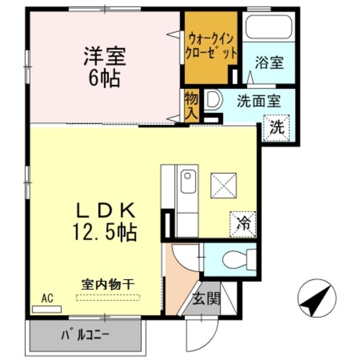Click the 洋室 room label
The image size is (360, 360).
(x=105, y=56)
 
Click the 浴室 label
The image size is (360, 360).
(x=268, y=63)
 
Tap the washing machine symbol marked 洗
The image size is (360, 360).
(x=277, y=126)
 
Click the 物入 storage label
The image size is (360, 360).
(x=191, y=105)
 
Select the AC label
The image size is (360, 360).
(x=47, y=299)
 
